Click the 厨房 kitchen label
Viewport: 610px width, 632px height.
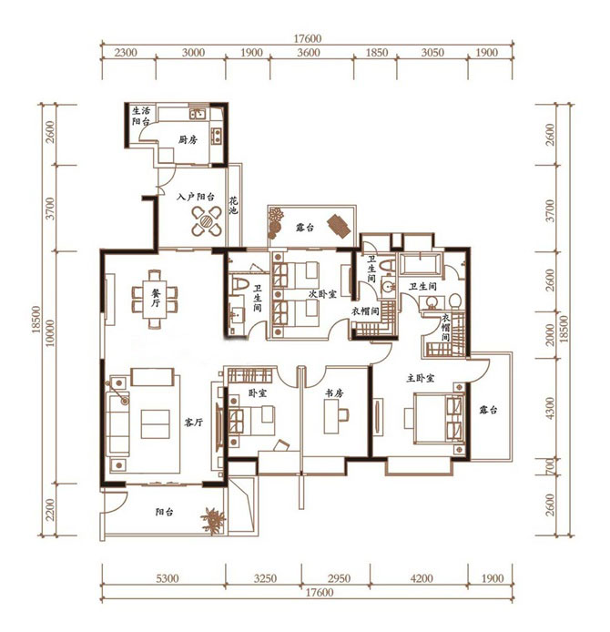tap(188, 140)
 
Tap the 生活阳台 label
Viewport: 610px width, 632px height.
tap(141, 116)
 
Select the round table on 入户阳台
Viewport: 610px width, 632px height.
tap(207, 220)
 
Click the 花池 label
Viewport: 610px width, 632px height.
tap(234, 205)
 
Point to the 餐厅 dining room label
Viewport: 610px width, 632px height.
tap(156, 298)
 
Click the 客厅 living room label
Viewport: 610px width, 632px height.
tap(193, 422)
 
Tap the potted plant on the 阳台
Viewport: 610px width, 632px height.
tap(213, 519)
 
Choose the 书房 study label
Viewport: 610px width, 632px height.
tap(334, 393)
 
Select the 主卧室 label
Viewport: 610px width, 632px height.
tap(421, 378)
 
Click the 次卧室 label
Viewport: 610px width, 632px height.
tap(322, 294)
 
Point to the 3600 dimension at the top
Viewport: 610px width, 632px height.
tap(309, 53)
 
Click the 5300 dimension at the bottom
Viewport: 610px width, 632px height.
tap(168, 578)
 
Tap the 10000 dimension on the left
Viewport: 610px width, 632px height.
tap(49, 333)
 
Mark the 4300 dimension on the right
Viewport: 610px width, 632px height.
tap(550, 408)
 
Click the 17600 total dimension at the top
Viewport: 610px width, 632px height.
tap(308, 38)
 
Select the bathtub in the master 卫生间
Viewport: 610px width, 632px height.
tap(421, 265)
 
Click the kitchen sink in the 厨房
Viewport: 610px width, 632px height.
tap(198, 114)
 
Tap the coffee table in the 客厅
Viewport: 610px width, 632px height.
tap(155, 424)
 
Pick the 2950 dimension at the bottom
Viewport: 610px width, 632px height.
tap(339, 578)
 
